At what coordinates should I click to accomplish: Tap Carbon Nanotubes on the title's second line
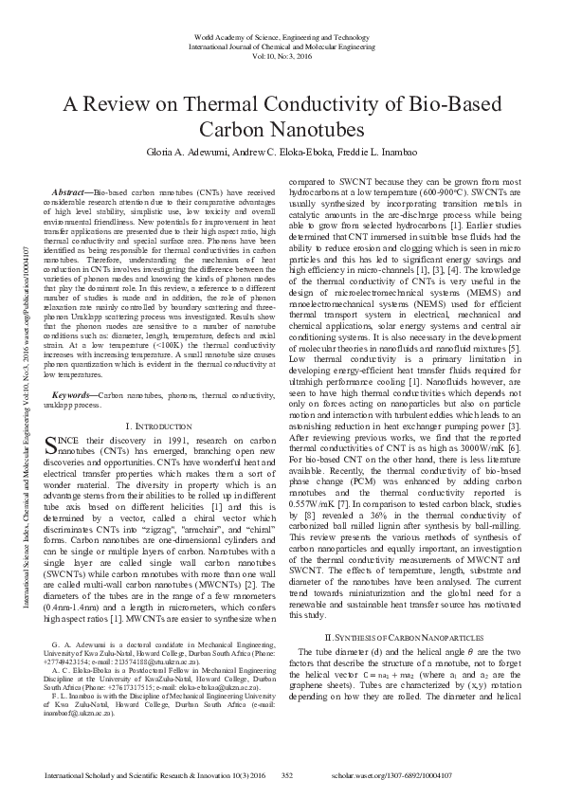[282, 129]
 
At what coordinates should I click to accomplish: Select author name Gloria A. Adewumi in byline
[189, 152]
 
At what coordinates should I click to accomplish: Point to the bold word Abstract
[71, 191]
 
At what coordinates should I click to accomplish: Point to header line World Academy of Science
[282, 30]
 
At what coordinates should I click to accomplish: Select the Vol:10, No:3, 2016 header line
[282, 55]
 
